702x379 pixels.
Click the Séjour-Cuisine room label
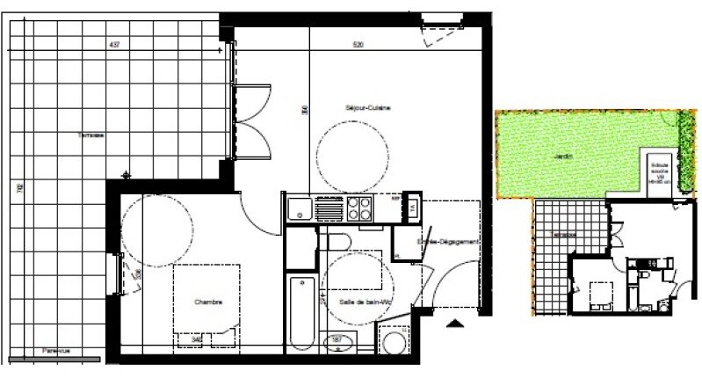coord(368,108)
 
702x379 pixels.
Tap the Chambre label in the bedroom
coord(208,302)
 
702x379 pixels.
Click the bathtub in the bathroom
coord(300,312)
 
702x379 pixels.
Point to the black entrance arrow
coord(454,325)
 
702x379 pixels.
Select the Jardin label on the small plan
coord(563,157)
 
